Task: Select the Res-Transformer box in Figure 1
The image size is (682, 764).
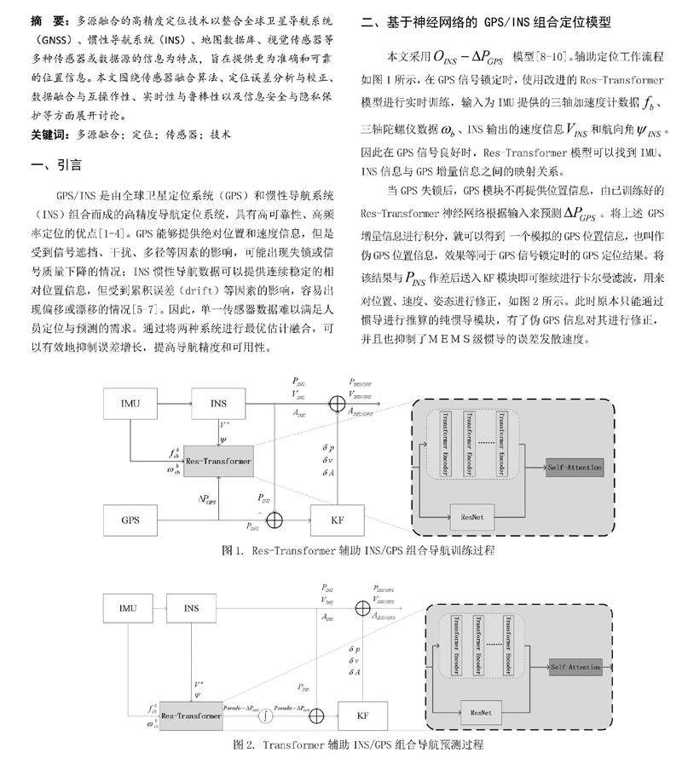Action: (x=219, y=461)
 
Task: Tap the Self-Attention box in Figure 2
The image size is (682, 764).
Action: (x=575, y=666)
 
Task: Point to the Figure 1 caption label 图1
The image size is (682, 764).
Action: (x=234, y=550)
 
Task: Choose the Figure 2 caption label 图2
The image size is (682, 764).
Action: (x=245, y=744)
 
